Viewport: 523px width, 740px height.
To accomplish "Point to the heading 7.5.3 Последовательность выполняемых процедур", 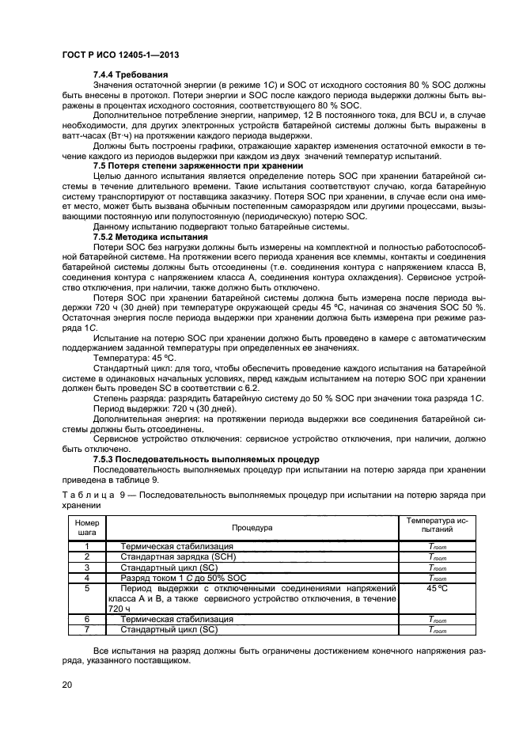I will click(206, 459).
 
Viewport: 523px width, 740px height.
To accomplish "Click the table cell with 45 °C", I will click(437, 589).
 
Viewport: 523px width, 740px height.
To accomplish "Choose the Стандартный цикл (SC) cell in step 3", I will click(169, 567).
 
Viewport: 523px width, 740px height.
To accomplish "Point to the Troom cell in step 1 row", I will click(437, 546).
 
